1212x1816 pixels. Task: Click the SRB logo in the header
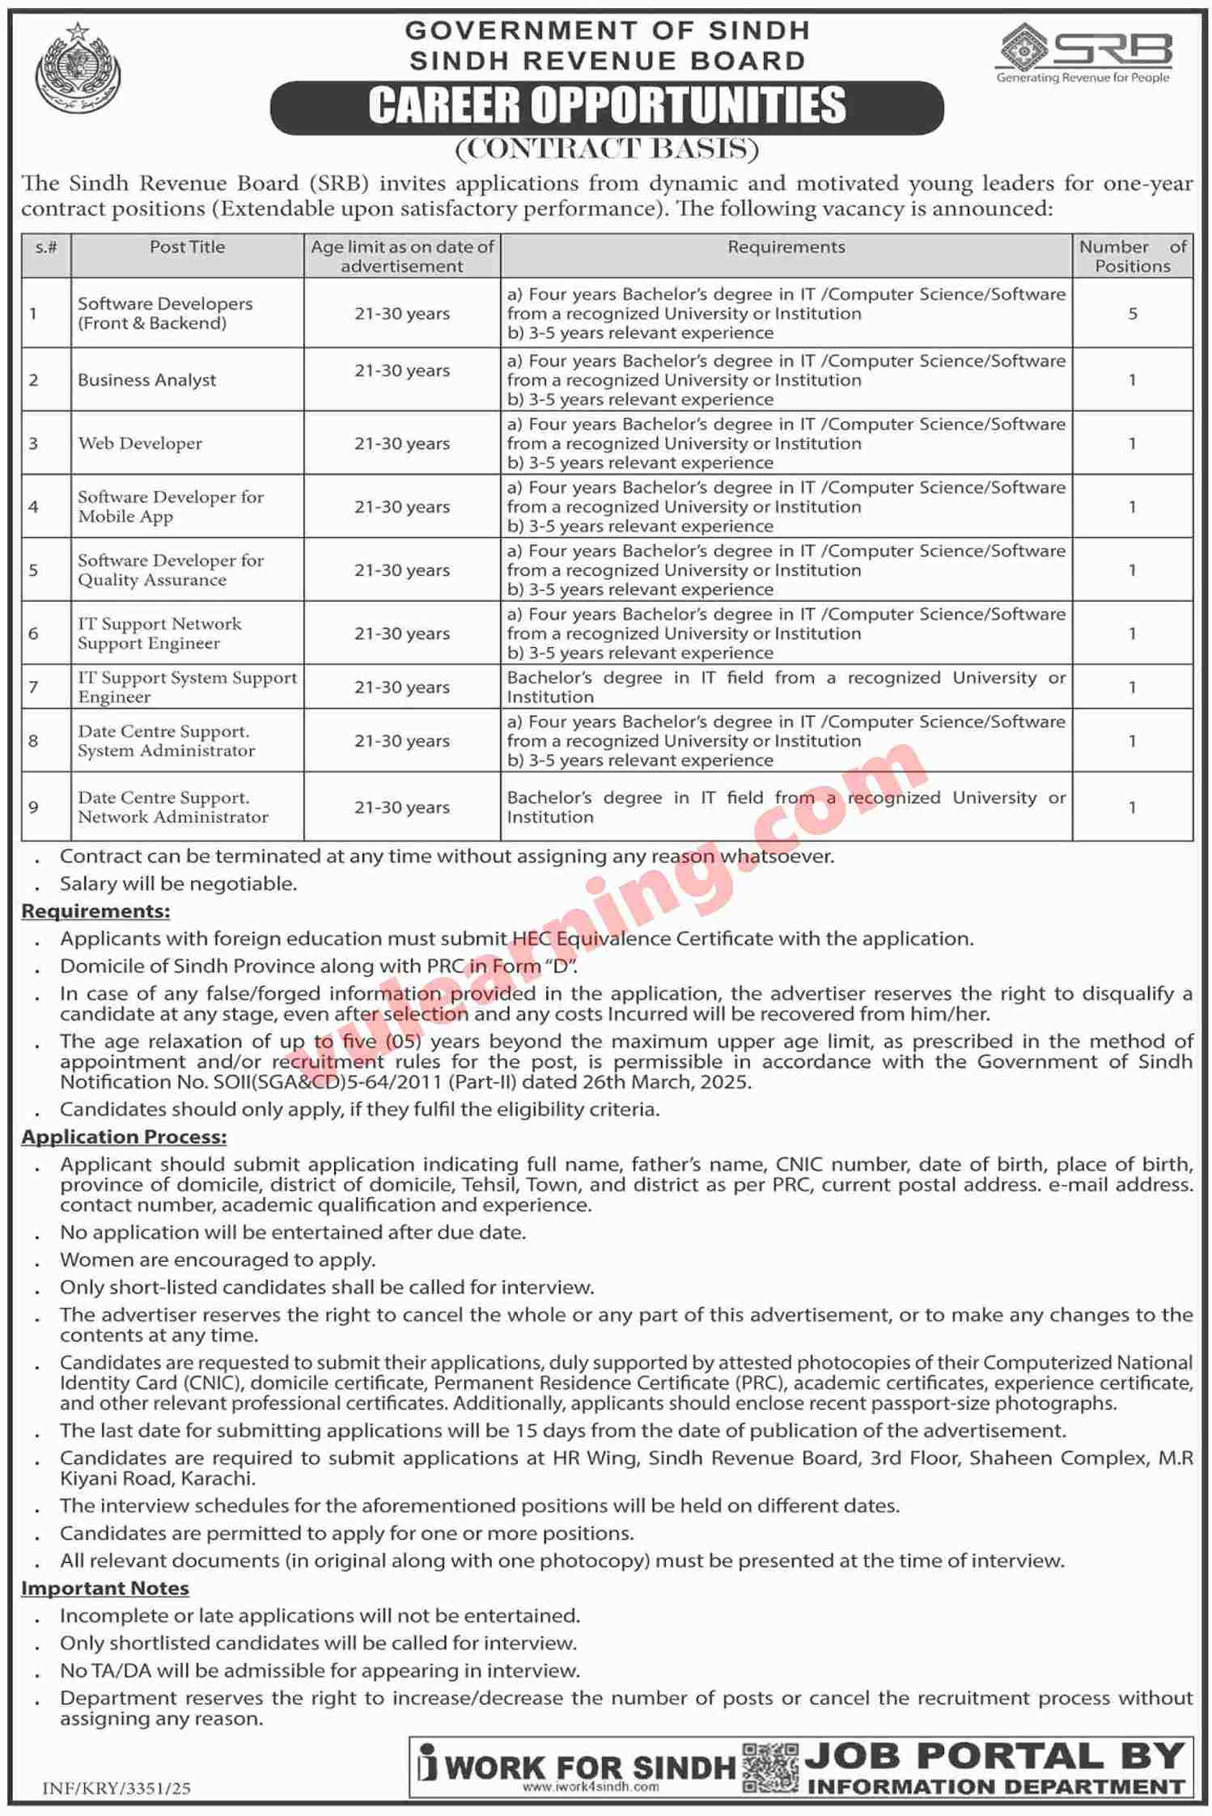click(x=1084, y=53)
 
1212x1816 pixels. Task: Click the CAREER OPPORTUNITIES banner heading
click(x=607, y=106)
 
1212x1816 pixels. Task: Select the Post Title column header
click(x=187, y=248)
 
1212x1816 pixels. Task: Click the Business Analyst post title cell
click(x=147, y=380)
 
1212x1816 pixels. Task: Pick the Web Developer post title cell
click(x=140, y=443)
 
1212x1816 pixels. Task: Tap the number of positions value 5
click(x=1132, y=314)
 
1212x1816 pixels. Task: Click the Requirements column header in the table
click(x=786, y=248)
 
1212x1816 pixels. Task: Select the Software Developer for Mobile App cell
click(x=171, y=506)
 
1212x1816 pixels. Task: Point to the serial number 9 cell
click(x=34, y=807)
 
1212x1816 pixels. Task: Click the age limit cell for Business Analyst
click(x=401, y=370)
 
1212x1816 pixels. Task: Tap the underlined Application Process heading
click(x=124, y=1137)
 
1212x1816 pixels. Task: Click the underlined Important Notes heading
click(x=105, y=1588)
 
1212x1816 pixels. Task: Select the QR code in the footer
click(x=770, y=1769)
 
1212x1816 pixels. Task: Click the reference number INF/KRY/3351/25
click(x=117, y=1788)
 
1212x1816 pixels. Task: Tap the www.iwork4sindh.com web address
click(x=590, y=1787)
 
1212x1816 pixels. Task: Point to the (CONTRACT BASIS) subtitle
click(x=607, y=150)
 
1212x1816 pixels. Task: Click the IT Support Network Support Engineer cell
click(x=159, y=633)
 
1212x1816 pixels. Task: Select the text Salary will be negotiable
click(x=178, y=883)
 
